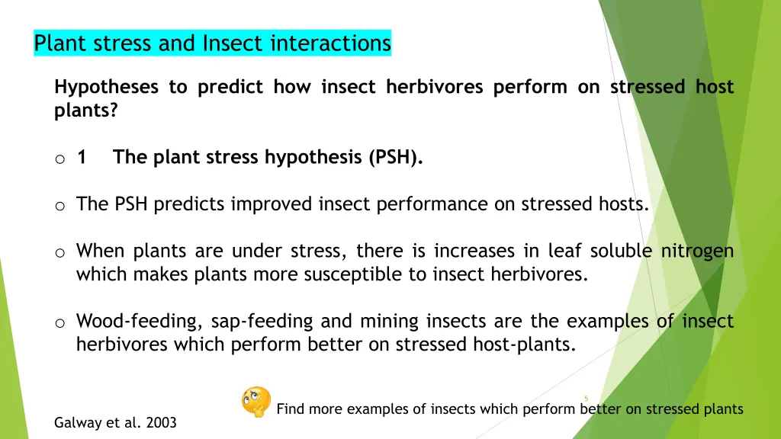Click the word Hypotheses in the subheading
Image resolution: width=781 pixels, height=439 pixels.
(x=106, y=88)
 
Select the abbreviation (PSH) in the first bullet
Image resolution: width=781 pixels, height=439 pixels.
(x=395, y=158)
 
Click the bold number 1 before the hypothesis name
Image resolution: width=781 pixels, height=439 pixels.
(x=82, y=158)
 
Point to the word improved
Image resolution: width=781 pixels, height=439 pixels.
(x=267, y=204)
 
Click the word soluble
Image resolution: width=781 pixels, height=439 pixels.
(x=615, y=251)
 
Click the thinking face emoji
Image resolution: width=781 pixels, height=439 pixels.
(x=256, y=402)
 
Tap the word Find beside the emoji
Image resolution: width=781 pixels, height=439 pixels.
(x=291, y=409)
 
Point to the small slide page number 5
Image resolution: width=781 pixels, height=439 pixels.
(x=586, y=398)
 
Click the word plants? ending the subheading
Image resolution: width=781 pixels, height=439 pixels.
(x=86, y=111)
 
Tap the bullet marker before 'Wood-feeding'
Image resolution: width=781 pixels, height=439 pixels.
(x=59, y=323)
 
